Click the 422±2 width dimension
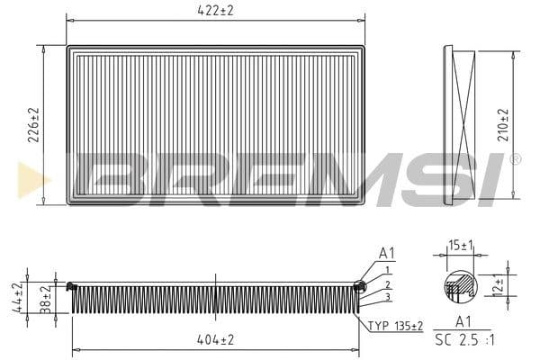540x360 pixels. tap(216, 12)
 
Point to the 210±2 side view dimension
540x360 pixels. tap(503, 124)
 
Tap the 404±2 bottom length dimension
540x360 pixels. tap(216, 340)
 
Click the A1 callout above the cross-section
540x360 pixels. tap(387, 254)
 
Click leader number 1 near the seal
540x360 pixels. tap(387, 270)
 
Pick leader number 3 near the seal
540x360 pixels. tap(387, 297)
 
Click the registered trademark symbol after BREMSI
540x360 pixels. tap(515, 159)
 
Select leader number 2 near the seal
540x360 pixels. tap(387, 283)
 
